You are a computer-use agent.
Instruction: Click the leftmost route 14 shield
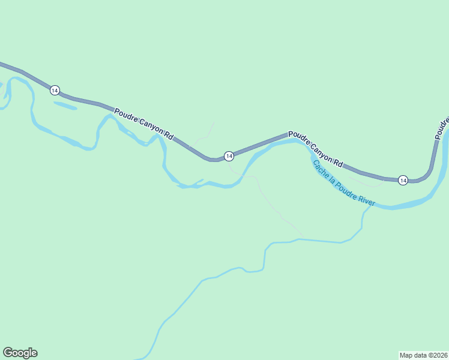55,90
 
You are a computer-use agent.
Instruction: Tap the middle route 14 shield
229,156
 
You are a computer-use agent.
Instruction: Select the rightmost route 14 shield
403,180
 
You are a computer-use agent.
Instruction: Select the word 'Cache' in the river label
319,169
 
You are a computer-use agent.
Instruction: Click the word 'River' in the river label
367,200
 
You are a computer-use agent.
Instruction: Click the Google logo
20,353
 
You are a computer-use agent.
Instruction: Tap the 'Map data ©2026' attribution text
423,355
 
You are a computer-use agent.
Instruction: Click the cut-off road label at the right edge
442,124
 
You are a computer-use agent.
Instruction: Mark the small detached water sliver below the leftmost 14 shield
65,106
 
